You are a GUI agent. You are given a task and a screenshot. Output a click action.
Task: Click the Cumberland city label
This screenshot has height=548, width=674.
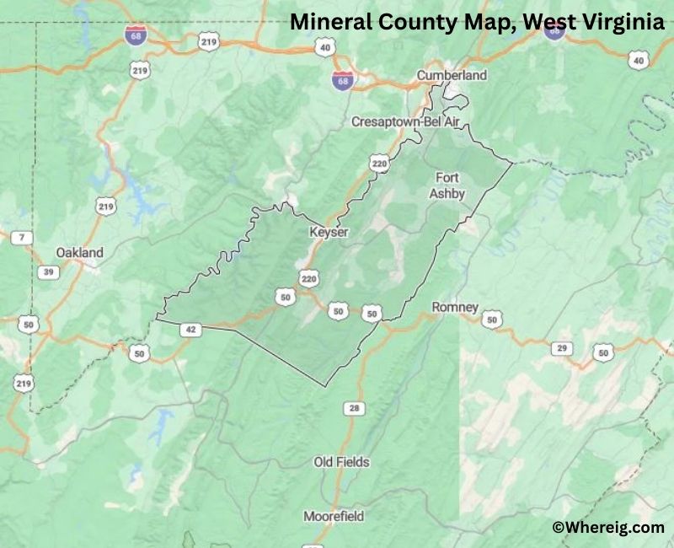[x=452, y=75]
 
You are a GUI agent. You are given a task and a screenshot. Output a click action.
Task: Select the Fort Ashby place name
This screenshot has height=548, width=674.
[x=447, y=185]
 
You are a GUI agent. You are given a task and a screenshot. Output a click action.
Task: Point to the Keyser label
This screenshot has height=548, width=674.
[x=328, y=232]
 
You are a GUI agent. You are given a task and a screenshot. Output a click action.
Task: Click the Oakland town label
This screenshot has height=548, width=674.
[x=79, y=252]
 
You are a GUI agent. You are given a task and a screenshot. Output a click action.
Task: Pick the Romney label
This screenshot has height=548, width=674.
[x=455, y=307]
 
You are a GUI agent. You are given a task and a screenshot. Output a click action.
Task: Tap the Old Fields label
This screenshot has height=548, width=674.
[x=341, y=462]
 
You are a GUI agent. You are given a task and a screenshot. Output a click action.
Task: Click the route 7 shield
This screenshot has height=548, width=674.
[x=21, y=238]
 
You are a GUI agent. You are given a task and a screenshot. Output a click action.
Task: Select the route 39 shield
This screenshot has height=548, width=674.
[x=49, y=271]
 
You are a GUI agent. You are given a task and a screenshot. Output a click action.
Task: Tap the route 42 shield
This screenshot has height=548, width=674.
[x=191, y=330]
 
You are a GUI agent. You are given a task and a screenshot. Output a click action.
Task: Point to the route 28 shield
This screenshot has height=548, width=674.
[x=354, y=409]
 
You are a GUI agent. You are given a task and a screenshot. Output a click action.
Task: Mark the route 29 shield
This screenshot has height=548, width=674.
[x=562, y=347]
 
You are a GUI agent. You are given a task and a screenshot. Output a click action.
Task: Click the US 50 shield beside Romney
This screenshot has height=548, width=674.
[x=492, y=319]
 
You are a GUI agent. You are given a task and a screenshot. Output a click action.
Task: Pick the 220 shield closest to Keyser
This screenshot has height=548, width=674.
[x=309, y=277]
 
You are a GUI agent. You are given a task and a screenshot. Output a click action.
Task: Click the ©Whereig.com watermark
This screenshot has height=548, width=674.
[x=608, y=527]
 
